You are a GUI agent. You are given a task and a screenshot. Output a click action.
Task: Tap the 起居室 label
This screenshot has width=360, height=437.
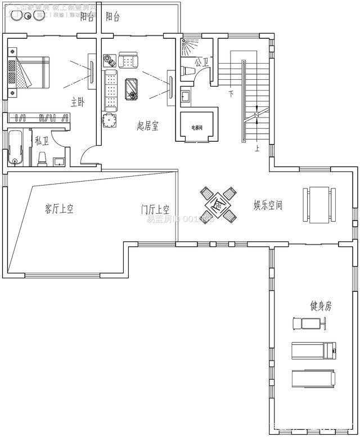pos(147,126)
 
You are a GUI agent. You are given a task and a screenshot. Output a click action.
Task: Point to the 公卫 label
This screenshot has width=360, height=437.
pos(201,62)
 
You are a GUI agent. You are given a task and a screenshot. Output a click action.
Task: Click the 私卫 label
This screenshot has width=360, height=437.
pos(42,141)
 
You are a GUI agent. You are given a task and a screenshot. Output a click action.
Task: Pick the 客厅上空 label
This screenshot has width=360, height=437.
pos(59,209)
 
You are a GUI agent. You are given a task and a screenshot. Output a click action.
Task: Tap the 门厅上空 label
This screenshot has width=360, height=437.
pos(155,210)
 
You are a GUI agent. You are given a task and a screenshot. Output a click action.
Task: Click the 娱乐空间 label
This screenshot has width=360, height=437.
pos(268,205)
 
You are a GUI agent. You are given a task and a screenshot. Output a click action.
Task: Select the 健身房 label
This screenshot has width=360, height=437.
pos(321,306)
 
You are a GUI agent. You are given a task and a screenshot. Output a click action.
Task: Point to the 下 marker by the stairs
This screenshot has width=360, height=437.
pos(231,93)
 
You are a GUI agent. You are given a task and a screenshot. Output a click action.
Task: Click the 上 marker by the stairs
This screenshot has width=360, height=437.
pos(257,149)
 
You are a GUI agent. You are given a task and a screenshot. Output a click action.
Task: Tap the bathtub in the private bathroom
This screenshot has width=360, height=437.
pos(16,147)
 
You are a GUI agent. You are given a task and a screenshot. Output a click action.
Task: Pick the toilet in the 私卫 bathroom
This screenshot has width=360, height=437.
pos(42,160)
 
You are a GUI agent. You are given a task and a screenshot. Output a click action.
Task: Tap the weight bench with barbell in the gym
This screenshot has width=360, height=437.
pos(308,323)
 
